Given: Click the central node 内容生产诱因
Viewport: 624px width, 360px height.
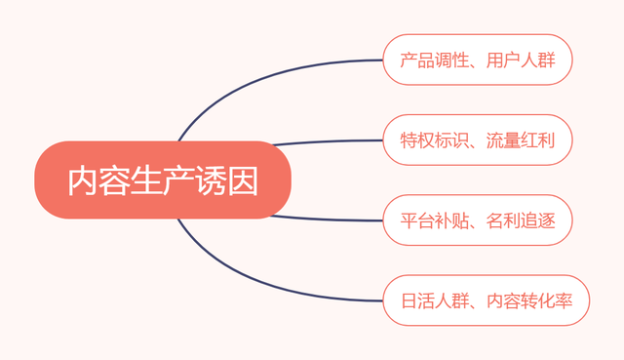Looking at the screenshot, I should click(163, 180).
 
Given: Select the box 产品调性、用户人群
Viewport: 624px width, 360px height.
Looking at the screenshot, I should click(477, 60).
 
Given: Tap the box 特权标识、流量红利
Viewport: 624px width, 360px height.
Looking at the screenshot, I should click(477, 140).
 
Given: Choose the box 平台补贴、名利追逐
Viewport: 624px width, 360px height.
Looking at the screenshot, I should click(477, 220).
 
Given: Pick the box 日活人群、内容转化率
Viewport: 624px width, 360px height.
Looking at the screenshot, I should click(486, 300).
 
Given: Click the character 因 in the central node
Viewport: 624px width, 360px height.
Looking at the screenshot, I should click(244, 180).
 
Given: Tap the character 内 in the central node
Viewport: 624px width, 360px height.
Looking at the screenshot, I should click(83, 180).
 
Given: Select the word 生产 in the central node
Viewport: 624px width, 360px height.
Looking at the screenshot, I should click(163, 180).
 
